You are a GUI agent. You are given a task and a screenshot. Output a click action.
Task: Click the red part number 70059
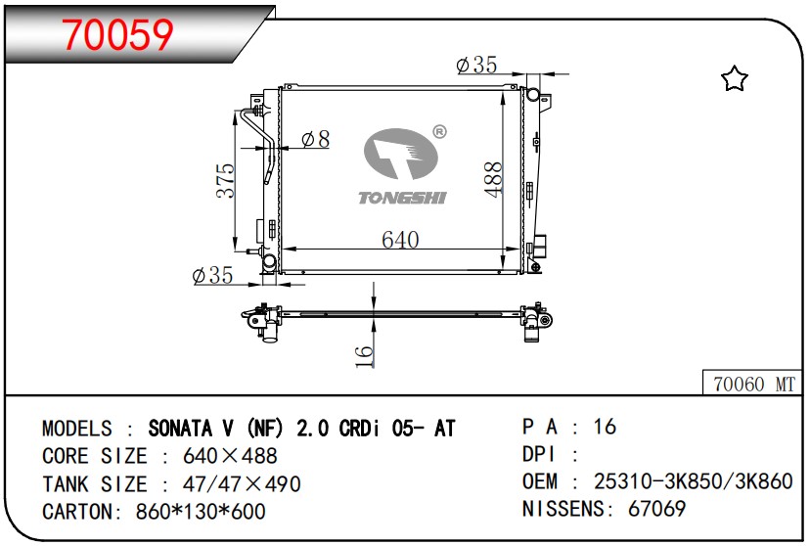pos(117,34)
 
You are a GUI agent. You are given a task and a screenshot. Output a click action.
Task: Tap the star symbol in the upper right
pos(734,78)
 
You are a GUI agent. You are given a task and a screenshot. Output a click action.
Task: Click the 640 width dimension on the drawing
pos(400,240)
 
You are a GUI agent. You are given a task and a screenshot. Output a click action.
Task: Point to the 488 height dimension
pos(493,179)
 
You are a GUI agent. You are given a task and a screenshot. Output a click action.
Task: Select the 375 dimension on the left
pos(225,180)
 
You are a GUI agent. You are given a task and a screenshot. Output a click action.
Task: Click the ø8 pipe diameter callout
pos(315,139)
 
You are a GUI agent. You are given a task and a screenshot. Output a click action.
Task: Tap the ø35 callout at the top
pos(476,65)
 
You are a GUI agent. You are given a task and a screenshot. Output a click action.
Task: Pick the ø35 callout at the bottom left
pos(212,275)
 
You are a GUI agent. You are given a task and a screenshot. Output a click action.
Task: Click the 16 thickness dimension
pos(364,356)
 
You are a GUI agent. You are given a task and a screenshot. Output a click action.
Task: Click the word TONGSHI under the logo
pos(402,198)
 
